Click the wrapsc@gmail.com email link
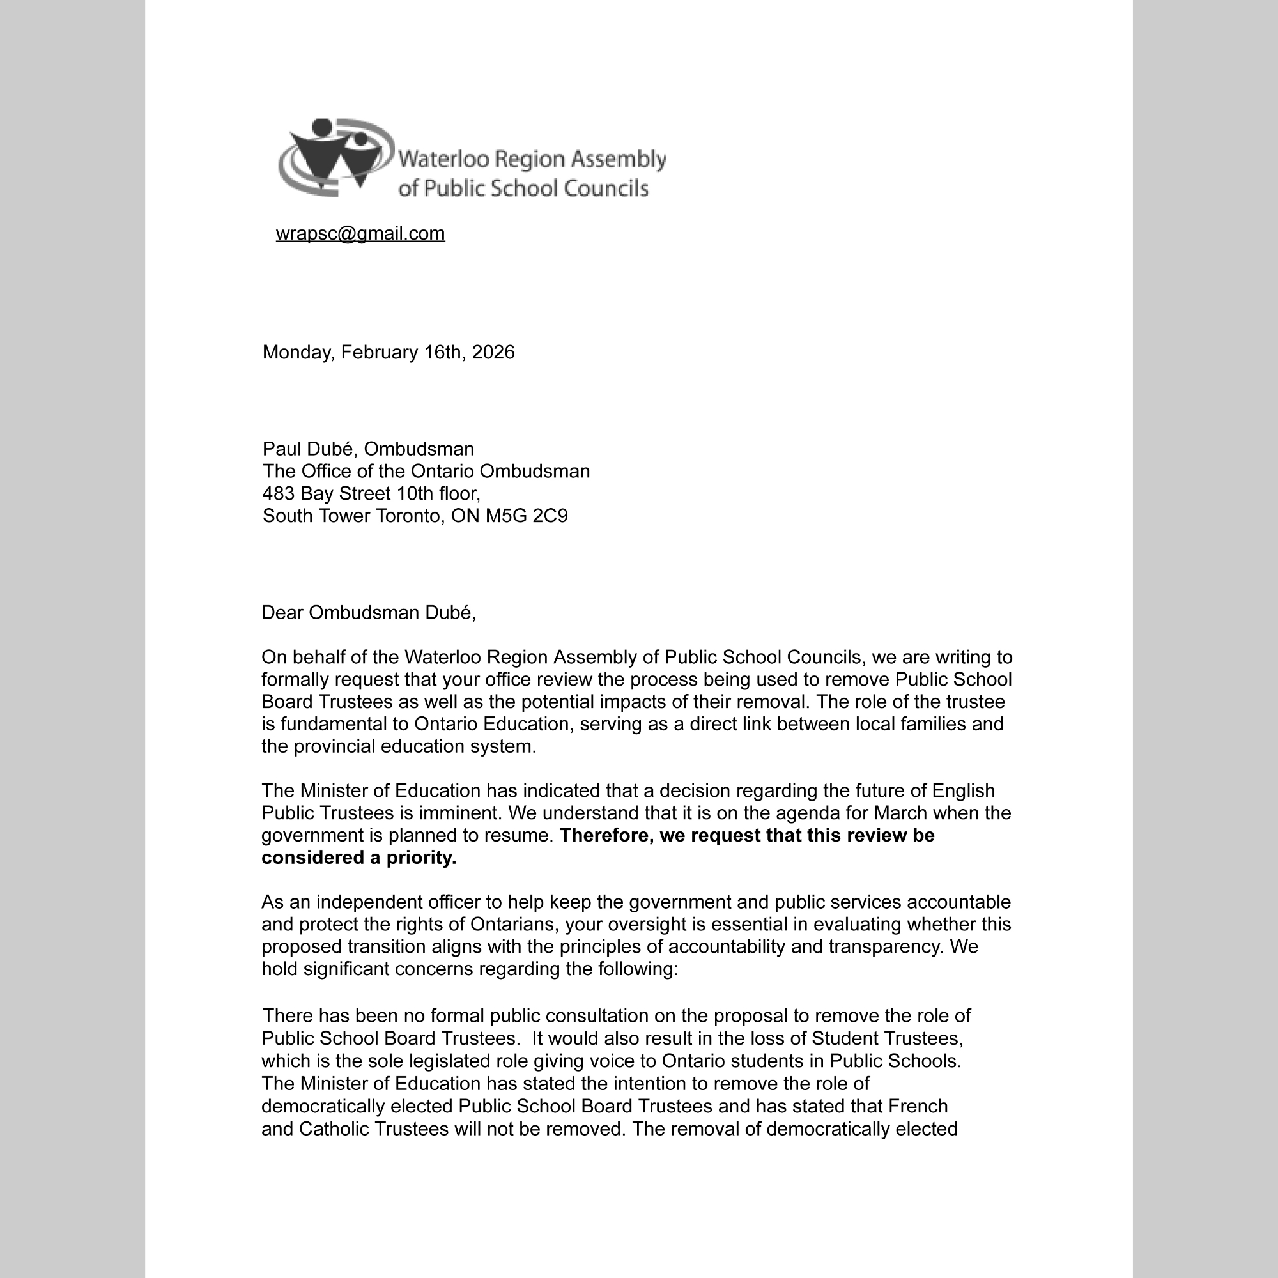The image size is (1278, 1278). pos(360,233)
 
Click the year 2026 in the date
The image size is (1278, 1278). pos(493,352)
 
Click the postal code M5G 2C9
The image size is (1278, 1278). pos(527,516)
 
